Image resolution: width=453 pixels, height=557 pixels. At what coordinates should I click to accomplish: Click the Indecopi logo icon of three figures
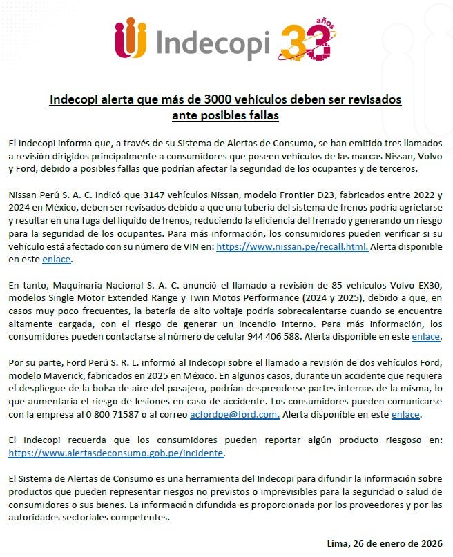[131, 39]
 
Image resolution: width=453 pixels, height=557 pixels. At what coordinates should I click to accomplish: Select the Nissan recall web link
[291, 246]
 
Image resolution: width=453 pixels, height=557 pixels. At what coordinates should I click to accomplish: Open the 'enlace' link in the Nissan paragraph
[56, 260]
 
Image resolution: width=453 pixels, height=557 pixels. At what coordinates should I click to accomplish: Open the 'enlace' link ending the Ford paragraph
[405, 414]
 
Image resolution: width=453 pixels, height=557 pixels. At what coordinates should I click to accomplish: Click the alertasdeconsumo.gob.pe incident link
[117, 453]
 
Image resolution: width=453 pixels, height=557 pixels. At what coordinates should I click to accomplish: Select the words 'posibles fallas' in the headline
[225, 115]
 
